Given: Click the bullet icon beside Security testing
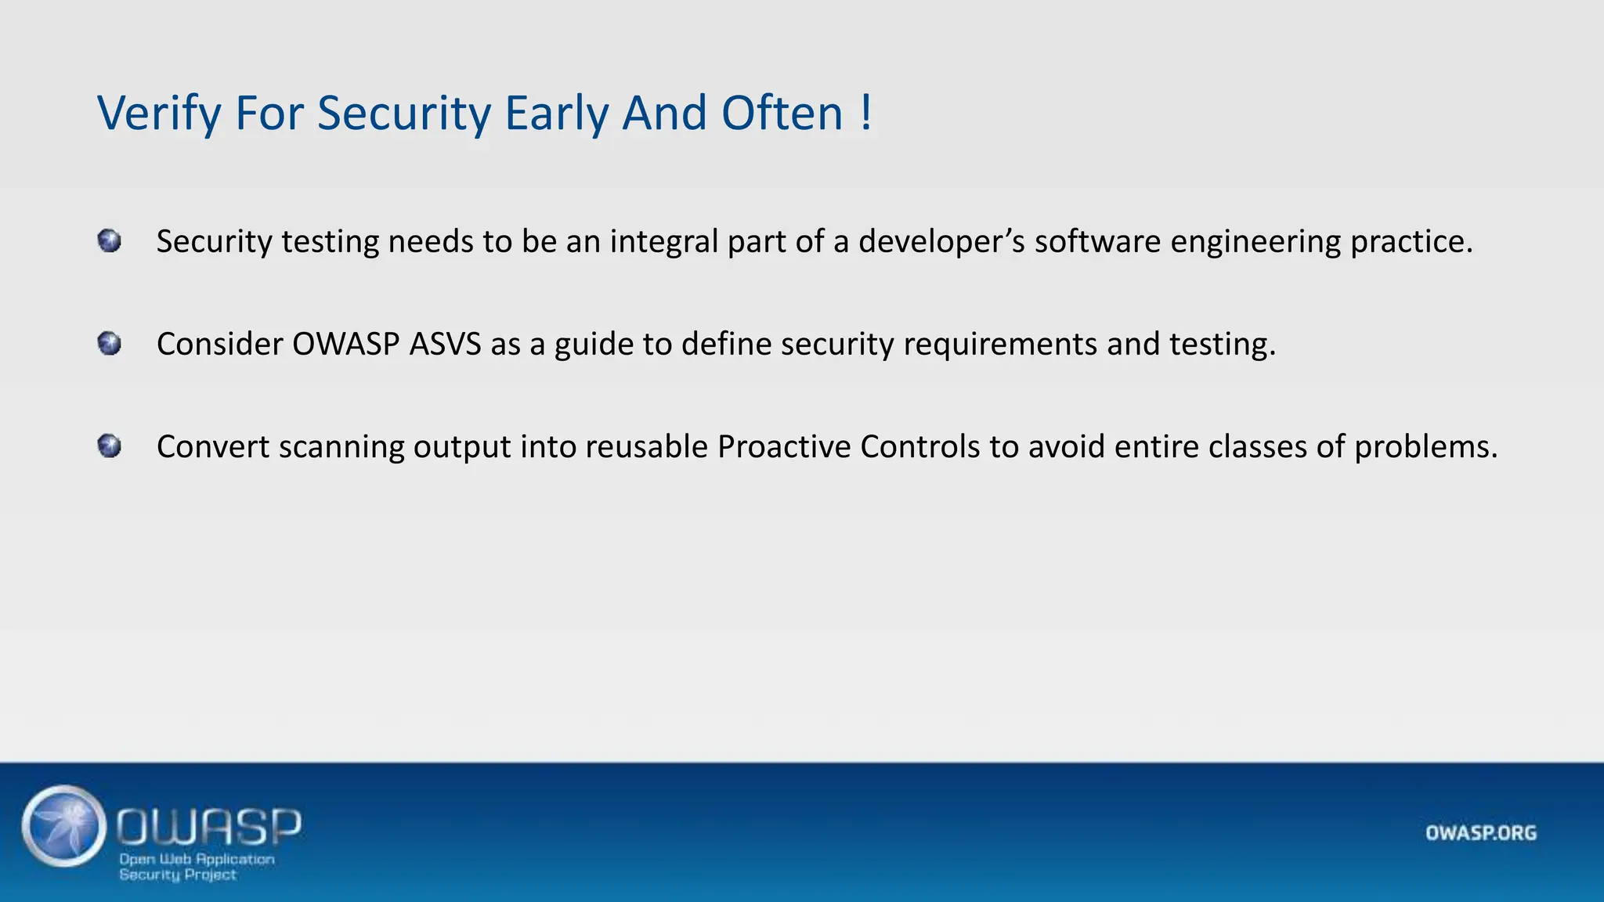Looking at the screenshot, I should pyautogui.click(x=110, y=240).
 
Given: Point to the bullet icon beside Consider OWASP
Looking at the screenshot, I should pyautogui.click(x=110, y=344).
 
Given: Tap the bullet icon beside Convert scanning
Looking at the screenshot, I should pyautogui.click(x=110, y=446).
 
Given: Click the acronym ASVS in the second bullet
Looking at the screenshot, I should pyautogui.click(x=445, y=345).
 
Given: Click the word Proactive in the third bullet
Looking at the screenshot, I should pyautogui.click(x=784, y=447).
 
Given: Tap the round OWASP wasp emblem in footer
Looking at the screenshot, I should pyautogui.click(x=64, y=826).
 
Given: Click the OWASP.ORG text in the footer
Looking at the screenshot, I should pyautogui.click(x=1480, y=832).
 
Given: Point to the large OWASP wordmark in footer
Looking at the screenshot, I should pyautogui.click(x=209, y=826).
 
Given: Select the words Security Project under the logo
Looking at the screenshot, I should pyautogui.click(x=178, y=875).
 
